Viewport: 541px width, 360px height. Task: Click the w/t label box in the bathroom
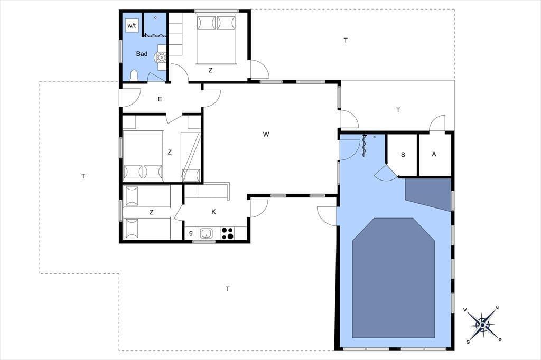[132, 25]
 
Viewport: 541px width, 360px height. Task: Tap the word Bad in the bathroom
[142, 54]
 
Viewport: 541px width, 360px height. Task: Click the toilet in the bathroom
[134, 75]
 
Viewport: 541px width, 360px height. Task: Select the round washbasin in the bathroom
[161, 57]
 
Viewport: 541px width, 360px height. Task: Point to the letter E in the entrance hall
[160, 99]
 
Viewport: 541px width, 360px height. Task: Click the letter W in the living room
[266, 134]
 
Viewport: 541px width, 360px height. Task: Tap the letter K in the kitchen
[213, 212]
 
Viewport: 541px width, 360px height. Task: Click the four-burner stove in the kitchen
[227, 233]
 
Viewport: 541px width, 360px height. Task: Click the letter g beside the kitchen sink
[191, 233]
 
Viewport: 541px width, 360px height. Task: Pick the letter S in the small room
[403, 155]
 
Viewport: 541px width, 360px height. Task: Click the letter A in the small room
[434, 154]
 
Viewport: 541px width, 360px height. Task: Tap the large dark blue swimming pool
[393, 278]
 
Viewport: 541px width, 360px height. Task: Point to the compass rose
[482, 325]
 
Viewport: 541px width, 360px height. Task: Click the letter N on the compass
[497, 308]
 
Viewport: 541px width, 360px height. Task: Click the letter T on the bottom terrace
[228, 289]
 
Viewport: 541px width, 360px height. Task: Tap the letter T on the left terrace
[83, 176]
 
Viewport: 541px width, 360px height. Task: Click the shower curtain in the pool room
[363, 145]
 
